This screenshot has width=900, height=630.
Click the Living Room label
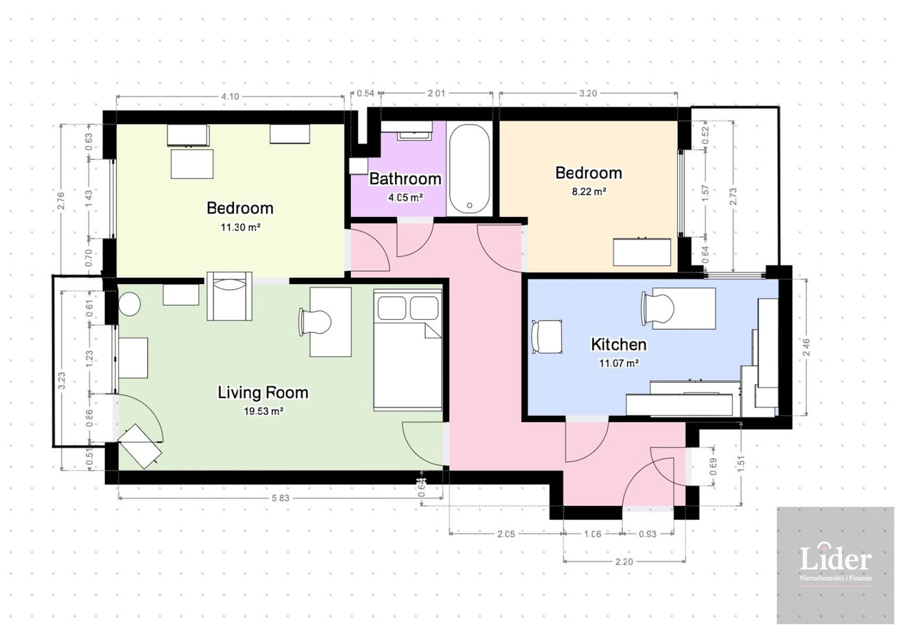263,392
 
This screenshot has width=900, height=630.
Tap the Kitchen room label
618,344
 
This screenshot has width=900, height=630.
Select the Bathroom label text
405,178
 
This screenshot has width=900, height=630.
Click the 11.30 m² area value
240,227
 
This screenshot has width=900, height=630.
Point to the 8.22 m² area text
588,192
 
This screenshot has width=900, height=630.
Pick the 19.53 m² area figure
263,411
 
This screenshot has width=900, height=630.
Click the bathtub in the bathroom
469,168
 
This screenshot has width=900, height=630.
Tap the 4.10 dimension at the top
230,97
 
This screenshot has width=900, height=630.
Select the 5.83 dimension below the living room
280,498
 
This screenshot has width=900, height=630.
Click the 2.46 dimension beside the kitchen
806,347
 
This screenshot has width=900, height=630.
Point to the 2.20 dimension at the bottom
624,561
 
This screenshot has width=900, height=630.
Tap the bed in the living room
408,349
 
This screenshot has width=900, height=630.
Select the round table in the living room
130,304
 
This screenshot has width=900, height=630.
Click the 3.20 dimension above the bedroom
588,93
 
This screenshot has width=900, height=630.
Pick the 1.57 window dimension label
705,193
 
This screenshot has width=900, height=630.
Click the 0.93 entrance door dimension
647,534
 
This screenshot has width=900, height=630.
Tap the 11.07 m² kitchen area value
618,363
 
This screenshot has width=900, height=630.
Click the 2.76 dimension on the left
61,201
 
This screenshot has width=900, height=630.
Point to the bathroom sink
414,135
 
